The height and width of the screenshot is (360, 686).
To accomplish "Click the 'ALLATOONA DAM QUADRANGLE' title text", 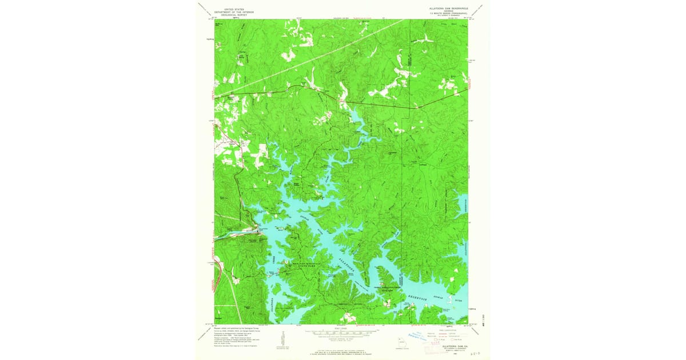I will (x=449, y=9).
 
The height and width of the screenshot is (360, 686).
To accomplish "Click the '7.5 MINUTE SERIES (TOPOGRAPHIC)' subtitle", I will (x=449, y=15).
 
